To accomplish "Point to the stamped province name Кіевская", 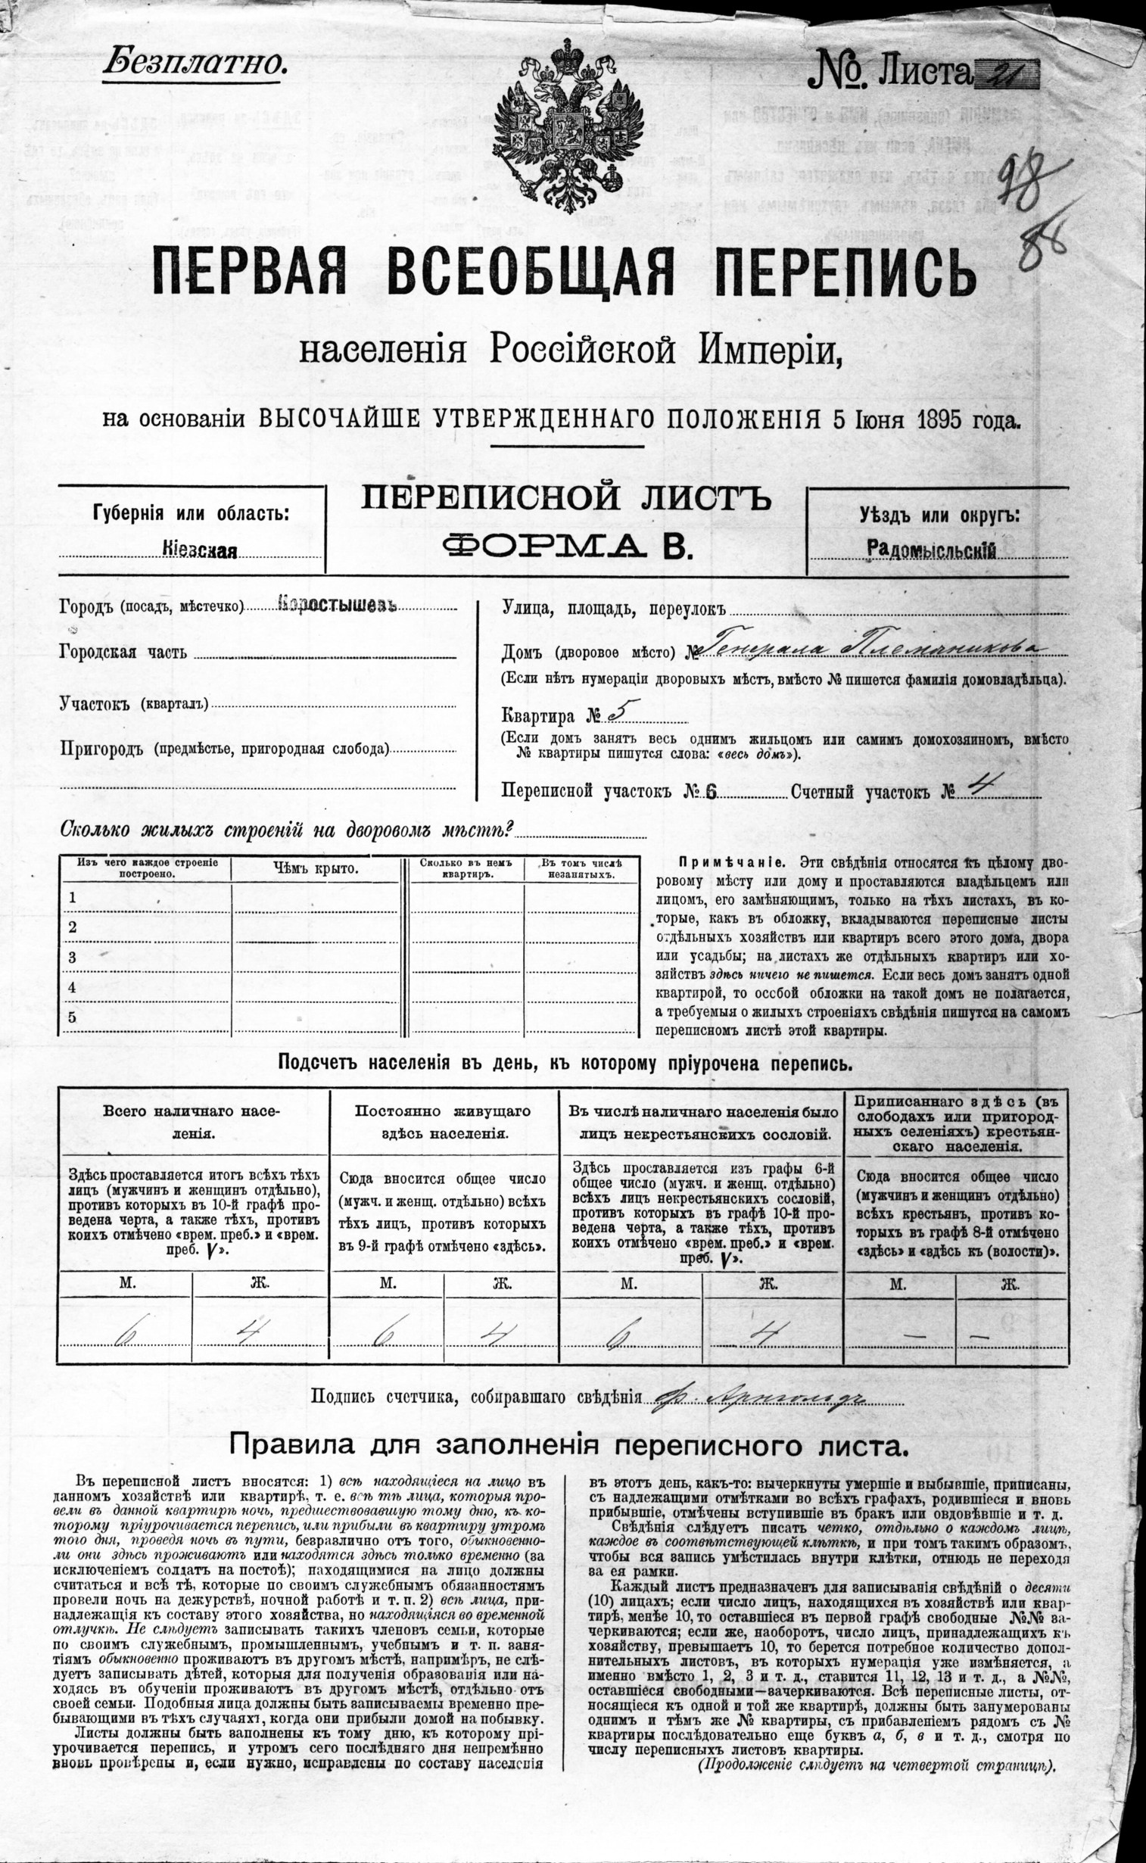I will [x=199, y=551].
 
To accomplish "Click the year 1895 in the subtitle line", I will [x=939, y=419].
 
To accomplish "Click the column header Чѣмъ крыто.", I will [x=316, y=868].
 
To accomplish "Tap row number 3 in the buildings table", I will [x=73, y=958].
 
